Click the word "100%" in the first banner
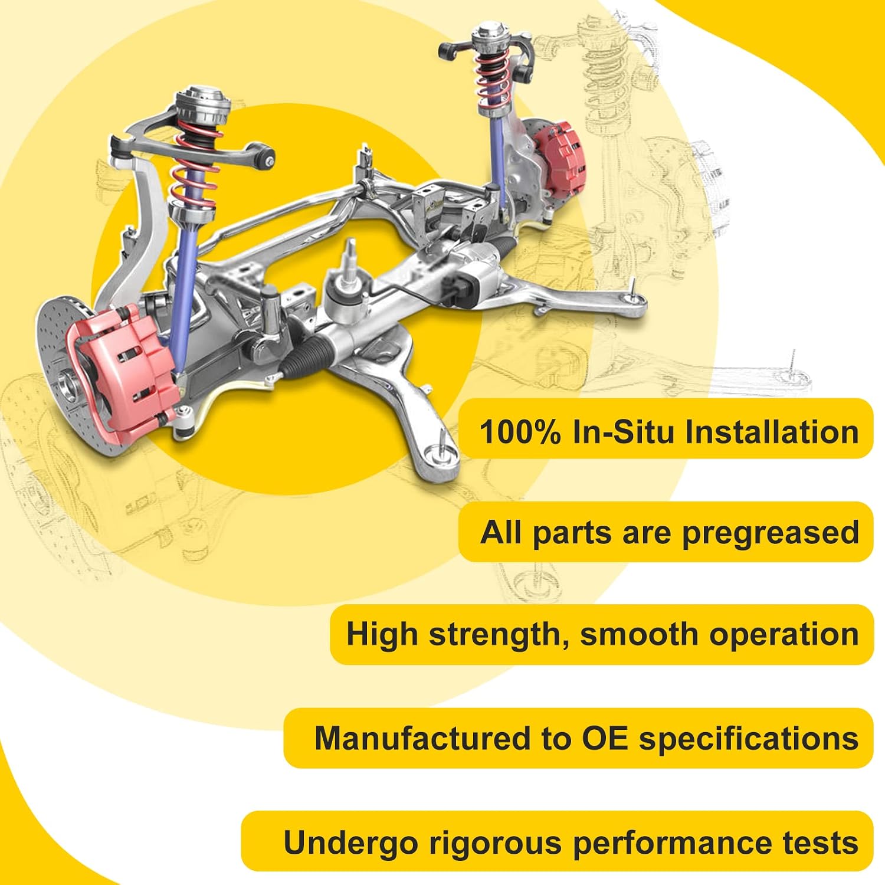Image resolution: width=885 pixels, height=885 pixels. [520, 431]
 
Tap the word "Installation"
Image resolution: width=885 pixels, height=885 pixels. [772, 431]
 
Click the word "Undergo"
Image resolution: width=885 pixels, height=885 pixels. [351, 843]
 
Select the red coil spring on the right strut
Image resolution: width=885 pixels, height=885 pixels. [493, 77]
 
